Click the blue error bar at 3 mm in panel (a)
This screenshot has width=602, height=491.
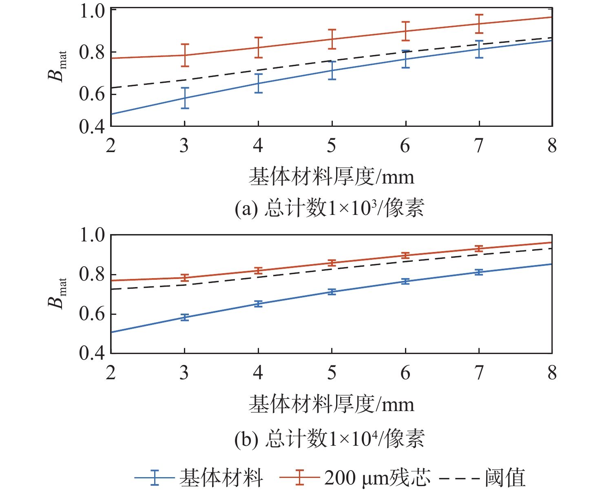[x=185, y=98]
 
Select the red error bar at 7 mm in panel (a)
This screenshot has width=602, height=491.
[x=479, y=24]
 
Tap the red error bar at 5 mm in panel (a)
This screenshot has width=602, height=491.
[x=332, y=39]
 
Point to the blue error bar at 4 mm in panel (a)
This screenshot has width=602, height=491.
[x=258, y=83]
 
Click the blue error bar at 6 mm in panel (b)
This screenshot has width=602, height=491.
[x=405, y=281]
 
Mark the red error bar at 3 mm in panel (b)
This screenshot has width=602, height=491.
[x=185, y=278]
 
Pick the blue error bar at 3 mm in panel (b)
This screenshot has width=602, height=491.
[x=185, y=317]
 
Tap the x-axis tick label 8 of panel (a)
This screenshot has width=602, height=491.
[x=552, y=146]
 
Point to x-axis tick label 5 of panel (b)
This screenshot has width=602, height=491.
[x=332, y=373]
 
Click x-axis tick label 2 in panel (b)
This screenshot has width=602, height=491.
[x=111, y=373]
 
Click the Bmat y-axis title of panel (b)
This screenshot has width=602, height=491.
[x=57, y=294]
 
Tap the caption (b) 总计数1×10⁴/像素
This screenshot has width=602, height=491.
[x=330, y=439]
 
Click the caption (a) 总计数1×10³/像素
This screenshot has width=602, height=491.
[x=330, y=208]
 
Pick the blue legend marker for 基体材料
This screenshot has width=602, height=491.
[x=155, y=477]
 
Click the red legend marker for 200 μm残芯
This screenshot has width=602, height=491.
[x=299, y=477]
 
